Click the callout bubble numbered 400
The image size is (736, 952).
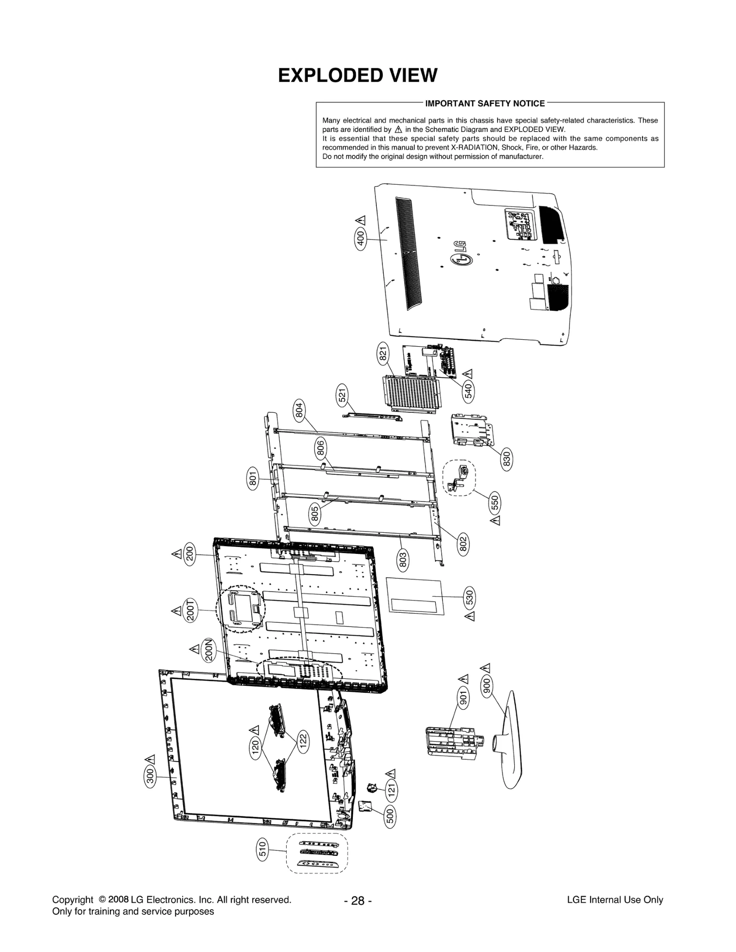tap(361, 239)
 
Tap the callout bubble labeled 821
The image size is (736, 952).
tap(383, 354)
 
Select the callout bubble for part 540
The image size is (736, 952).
tap(468, 391)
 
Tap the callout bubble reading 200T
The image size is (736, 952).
tap(190, 610)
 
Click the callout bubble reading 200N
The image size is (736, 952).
tap(209, 650)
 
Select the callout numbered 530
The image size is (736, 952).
tap(470, 598)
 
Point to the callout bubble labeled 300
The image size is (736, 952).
tap(150, 777)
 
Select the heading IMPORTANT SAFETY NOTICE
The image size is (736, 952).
tap(484, 103)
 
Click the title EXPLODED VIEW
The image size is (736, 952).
tap(357, 76)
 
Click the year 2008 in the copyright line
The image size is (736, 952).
tap(118, 900)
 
